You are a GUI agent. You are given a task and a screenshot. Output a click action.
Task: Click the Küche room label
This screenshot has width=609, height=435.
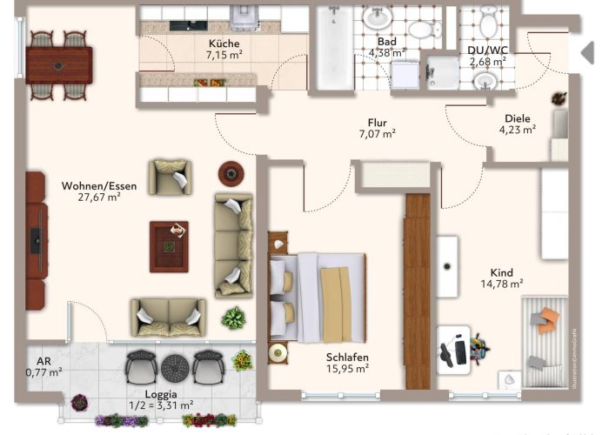(224, 43)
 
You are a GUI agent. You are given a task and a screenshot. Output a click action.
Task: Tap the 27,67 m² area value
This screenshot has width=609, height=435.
(99, 197)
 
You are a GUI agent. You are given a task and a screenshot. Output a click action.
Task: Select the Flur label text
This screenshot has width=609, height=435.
(377, 123)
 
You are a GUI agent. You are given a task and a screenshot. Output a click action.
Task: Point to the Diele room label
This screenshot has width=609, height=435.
(518, 118)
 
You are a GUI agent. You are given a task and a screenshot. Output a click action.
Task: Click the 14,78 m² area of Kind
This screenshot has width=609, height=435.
(502, 284)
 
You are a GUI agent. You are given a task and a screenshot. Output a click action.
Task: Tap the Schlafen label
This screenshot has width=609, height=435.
(347, 358)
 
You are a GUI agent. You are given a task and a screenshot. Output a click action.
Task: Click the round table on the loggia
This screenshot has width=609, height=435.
(175, 367)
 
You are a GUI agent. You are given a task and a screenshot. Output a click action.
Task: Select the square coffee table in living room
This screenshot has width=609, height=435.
(169, 246)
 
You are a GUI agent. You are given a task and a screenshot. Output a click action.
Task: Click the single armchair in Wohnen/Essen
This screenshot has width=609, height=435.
(170, 177)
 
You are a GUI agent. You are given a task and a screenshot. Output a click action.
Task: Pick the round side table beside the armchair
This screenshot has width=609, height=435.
(231, 174)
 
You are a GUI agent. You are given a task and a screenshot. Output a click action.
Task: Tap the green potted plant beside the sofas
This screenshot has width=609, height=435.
(233, 318)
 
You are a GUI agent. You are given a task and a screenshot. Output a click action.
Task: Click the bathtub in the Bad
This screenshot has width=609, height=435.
(334, 48)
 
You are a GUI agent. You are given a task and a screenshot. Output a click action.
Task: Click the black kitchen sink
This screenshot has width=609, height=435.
(189, 25)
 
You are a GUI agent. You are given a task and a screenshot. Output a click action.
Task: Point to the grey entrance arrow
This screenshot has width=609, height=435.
(587, 52)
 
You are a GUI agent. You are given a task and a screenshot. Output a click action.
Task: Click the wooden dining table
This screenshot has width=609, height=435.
(59, 65)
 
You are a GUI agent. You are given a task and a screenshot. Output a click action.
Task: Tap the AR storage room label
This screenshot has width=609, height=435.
(43, 361)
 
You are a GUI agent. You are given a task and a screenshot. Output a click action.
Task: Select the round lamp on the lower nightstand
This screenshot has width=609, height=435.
(278, 352)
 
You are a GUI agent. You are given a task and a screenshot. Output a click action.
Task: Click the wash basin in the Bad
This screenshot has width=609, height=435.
(378, 17)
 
